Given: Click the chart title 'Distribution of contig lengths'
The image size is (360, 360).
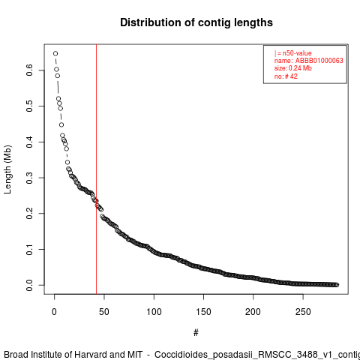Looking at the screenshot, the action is [x=196, y=22].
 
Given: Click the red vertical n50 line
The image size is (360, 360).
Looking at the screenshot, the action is [x=96, y=169].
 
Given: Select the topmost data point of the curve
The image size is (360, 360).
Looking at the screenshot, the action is [x=55, y=53].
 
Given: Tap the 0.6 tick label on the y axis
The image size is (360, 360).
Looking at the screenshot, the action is [x=29, y=70].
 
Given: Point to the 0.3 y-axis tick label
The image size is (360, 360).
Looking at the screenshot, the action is [x=29, y=178].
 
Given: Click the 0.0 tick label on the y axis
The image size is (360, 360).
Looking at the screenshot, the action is [x=29, y=285].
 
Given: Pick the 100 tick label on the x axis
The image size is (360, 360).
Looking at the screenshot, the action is [x=154, y=312].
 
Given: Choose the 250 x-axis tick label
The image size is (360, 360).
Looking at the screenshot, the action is [x=303, y=312].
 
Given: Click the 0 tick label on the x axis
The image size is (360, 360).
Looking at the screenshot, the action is [x=54, y=312].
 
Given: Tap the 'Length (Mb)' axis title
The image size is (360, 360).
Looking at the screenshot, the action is [x=7, y=169].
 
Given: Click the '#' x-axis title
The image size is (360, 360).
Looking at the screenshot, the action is [x=196, y=333].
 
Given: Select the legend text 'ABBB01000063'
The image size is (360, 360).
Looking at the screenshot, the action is [x=319, y=61].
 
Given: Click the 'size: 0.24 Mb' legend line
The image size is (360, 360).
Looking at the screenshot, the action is [x=293, y=68].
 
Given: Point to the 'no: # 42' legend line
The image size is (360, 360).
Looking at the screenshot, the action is [x=286, y=76].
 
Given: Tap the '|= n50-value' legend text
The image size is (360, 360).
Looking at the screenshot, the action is [x=293, y=53].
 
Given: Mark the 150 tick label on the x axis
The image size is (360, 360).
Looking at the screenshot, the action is [x=203, y=312].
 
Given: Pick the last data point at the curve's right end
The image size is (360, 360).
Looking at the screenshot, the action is [x=337, y=285].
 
